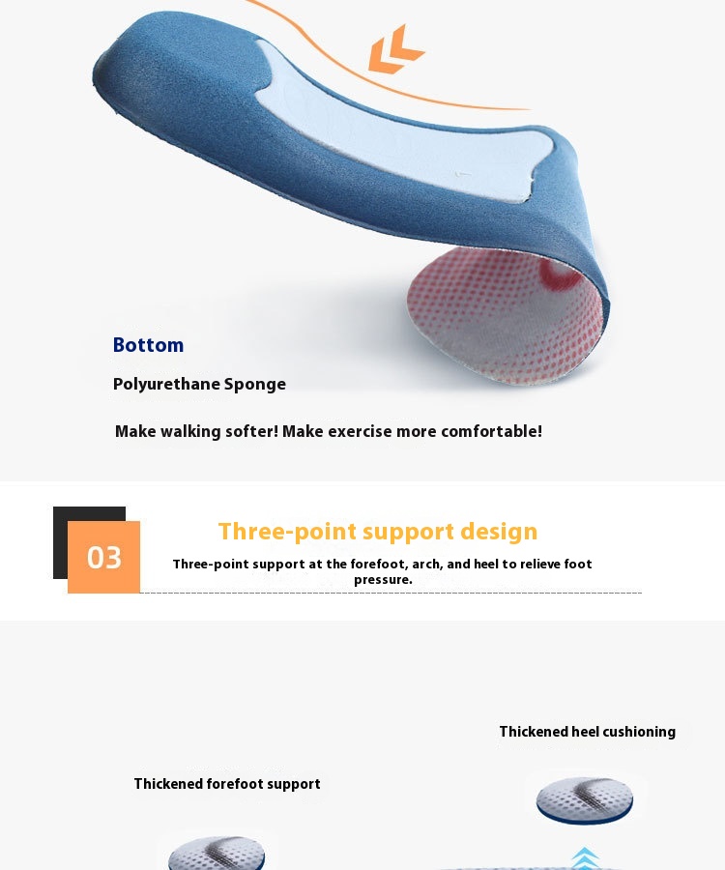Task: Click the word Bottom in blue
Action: pos(148,344)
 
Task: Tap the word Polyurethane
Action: pos(166,384)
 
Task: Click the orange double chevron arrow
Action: pos(396,49)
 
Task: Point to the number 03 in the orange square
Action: pos(103,558)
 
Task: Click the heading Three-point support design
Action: pos(378,532)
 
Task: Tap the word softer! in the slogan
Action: pos(251,431)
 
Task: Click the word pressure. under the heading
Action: pos(384,580)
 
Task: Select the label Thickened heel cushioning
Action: pos(588,732)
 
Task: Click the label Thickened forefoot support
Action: pos(227,784)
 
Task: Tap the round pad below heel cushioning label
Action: pos(585,800)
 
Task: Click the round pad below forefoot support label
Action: pos(217,854)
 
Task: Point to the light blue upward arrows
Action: pos(584,858)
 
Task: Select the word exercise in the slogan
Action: pos(360,431)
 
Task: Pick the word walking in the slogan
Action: pos(190,432)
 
